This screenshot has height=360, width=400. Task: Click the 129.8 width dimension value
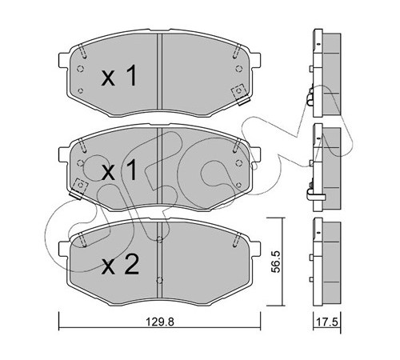tap(160, 322)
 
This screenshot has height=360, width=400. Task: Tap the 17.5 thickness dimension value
tap(327, 322)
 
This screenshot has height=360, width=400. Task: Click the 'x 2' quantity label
tap(120, 265)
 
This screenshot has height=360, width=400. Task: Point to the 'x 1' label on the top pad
tap(119, 76)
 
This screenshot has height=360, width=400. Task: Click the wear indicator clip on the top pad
tap(240, 94)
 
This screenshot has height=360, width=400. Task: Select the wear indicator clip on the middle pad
tap(79, 189)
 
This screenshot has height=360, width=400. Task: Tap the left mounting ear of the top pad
tap(62, 60)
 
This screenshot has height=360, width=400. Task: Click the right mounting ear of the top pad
tap(256, 60)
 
